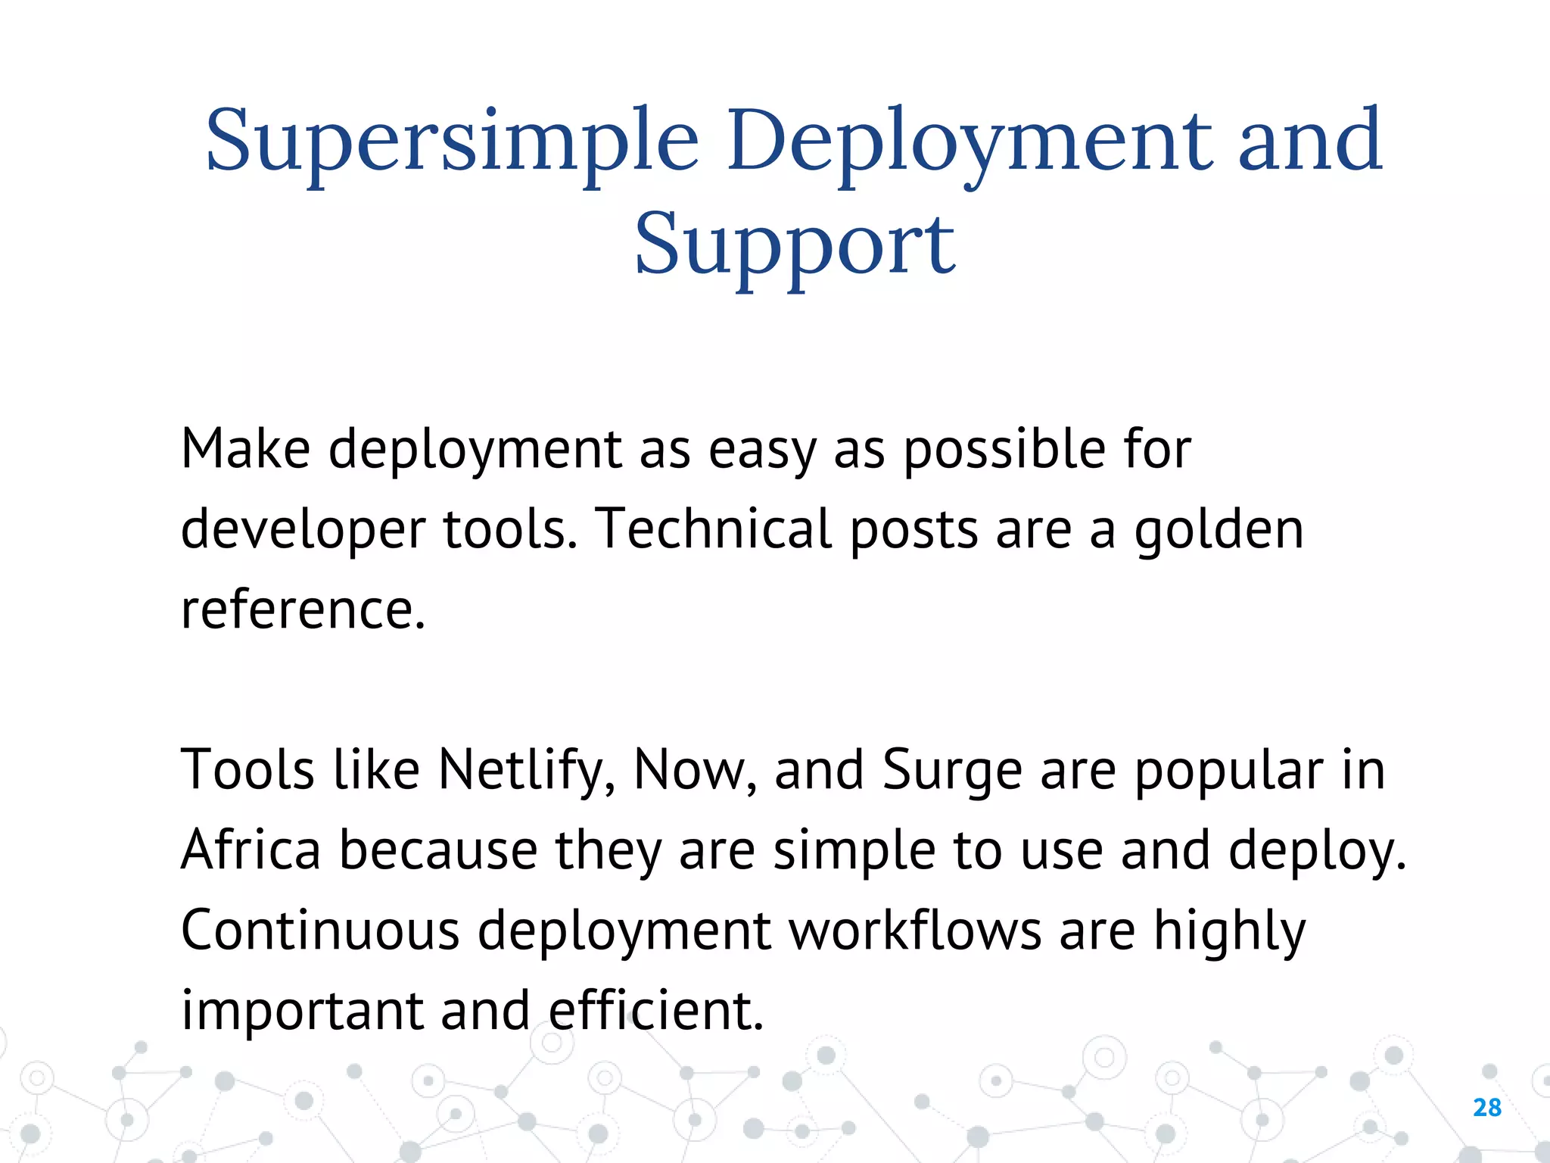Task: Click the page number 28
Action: [1486, 1108]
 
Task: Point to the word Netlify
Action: [526, 771]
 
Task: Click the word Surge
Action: [952, 771]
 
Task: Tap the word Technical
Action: [713, 528]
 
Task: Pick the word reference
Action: [303, 610]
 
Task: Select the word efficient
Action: [655, 1011]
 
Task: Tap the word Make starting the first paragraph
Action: [245, 449]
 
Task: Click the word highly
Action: [1229, 931]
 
